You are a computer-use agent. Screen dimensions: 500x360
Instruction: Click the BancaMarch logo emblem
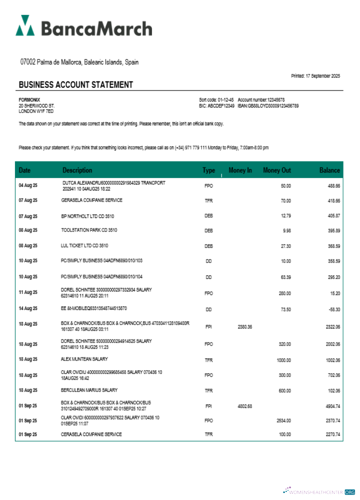(x=25, y=25)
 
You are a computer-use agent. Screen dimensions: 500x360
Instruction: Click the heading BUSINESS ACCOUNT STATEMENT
(x=76, y=85)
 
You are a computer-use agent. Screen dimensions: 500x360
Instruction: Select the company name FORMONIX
(x=29, y=100)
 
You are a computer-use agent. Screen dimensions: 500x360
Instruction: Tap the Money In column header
(x=240, y=170)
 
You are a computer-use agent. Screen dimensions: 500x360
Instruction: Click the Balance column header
(x=329, y=170)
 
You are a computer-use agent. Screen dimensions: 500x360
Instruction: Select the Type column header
(x=208, y=170)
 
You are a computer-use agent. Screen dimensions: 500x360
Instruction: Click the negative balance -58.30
(x=333, y=309)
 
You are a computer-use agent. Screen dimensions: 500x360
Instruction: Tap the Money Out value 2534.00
(x=283, y=420)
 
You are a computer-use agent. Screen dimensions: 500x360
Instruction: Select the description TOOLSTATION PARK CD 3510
(x=89, y=230)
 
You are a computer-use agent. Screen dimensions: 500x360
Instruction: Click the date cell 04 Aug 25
(x=28, y=185)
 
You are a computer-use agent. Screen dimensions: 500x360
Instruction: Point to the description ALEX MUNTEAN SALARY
(x=84, y=359)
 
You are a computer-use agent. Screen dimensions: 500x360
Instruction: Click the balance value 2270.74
(x=332, y=434)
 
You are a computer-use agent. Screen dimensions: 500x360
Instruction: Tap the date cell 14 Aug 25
(x=28, y=309)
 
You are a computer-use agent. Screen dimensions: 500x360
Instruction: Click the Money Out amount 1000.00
(x=283, y=360)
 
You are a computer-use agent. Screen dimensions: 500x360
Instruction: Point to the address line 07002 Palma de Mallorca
(x=79, y=62)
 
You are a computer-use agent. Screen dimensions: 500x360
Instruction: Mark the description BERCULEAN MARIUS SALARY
(x=89, y=390)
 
